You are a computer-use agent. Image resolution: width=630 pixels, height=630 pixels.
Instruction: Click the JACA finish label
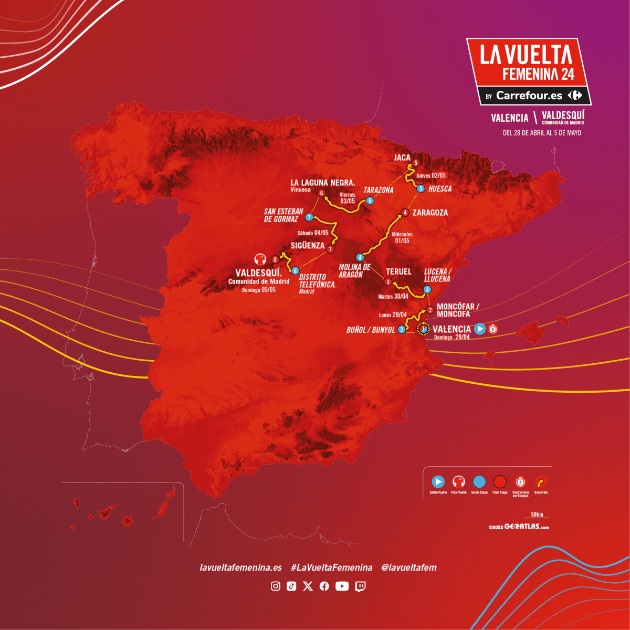tap(402, 157)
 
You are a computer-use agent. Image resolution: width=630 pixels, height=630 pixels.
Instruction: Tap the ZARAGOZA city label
tap(430, 213)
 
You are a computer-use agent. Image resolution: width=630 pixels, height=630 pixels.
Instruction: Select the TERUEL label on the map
tap(398, 271)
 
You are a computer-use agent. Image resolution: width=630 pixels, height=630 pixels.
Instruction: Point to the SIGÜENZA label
tap(308, 245)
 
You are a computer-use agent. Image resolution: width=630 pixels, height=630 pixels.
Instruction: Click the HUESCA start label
tap(440, 189)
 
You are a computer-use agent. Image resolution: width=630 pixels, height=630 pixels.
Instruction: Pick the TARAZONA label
tap(379, 190)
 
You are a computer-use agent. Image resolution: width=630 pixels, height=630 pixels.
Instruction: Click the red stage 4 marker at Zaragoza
tap(405, 213)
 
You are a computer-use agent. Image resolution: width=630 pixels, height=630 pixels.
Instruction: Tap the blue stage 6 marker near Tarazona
tap(370, 201)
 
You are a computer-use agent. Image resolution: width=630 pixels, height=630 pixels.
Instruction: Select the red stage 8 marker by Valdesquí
tap(275, 259)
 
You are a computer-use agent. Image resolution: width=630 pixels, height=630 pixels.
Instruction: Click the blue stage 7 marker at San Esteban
tap(309, 217)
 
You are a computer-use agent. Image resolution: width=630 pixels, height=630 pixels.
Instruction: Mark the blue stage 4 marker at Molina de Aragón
tap(360, 257)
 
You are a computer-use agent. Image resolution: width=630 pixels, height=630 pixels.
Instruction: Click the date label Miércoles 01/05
tap(402, 237)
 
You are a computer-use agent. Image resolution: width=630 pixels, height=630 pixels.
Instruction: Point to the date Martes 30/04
tap(393, 297)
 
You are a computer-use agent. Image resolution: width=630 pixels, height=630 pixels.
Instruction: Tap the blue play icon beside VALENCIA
tap(480, 329)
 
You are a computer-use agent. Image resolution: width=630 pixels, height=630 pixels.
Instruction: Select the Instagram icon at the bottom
tap(276, 586)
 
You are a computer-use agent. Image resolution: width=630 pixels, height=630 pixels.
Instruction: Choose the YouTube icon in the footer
tap(342, 586)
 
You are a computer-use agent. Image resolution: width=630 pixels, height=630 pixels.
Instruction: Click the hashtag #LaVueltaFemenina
tap(331, 568)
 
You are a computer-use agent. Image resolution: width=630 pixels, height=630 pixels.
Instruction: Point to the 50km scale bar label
tap(537, 514)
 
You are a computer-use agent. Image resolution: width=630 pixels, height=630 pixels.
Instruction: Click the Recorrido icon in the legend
tap(541, 481)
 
